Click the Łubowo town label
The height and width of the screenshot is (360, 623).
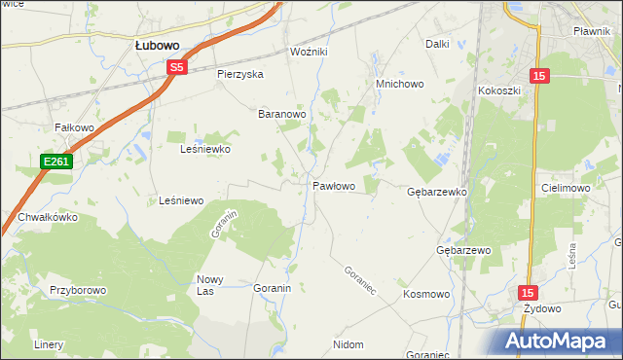[x=161, y=45]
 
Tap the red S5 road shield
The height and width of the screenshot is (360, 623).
[x=176, y=67]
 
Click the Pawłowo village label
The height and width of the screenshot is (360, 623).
[x=333, y=185]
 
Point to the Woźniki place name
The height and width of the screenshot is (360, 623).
[x=311, y=52]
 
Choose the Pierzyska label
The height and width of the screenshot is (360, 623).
[x=240, y=74]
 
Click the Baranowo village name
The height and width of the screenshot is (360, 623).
[x=282, y=114]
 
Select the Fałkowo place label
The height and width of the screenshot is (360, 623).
[x=74, y=127]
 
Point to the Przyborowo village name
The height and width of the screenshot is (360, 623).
[x=77, y=290]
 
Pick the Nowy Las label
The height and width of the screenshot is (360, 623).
[x=211, y=285]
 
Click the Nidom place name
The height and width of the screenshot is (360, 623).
[x=348, y=344]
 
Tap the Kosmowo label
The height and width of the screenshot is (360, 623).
[x=425, y=293]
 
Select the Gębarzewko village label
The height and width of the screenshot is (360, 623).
[x=437, y=193]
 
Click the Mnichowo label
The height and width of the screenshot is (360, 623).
[x=400, y=84]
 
